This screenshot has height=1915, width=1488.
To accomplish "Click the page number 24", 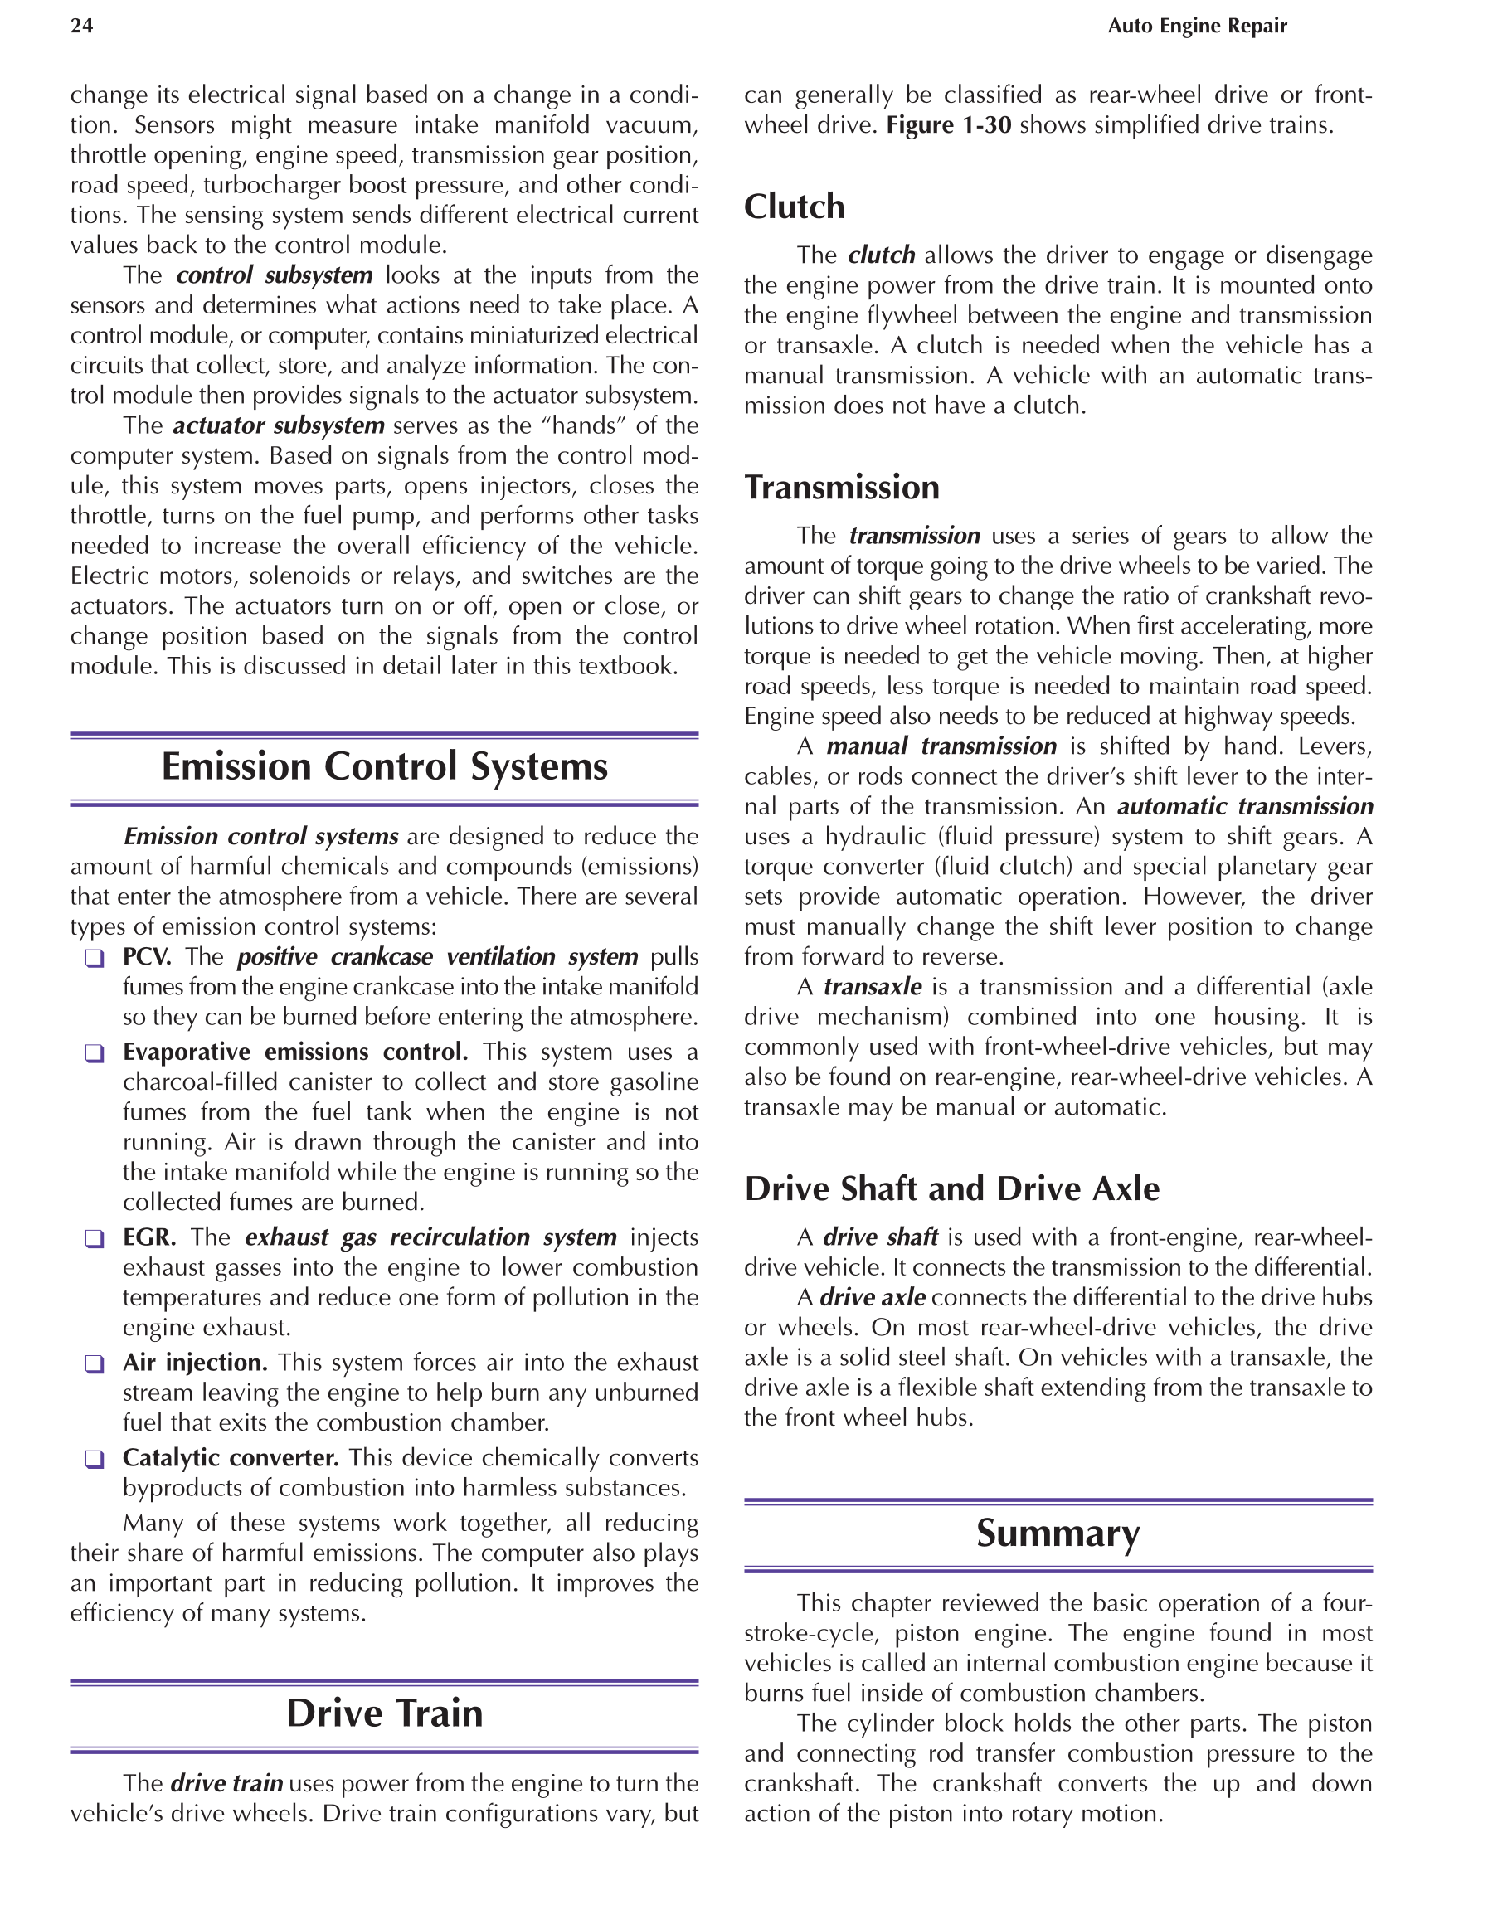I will (81, 27).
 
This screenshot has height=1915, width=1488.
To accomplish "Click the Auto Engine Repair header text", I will (1197, 27).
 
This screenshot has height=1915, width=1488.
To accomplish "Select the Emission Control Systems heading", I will (384, 766).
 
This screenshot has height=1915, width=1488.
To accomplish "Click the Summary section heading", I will (1058, 1533).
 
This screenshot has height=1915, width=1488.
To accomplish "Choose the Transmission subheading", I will (842, 488).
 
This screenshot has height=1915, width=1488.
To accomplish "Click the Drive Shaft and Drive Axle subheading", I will (951, 1189).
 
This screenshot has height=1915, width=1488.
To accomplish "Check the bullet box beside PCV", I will (95, 959).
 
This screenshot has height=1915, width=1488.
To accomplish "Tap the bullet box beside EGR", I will (95, 1239).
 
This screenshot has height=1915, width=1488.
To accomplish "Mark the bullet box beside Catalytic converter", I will (95, 1460).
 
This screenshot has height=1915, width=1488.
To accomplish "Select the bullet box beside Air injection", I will (95, 1364).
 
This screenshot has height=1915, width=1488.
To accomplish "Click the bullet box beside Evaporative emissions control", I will (95, 1054).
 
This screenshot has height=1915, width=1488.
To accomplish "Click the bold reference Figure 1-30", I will (949, 125).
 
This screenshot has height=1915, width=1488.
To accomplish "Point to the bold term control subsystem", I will (275, 275).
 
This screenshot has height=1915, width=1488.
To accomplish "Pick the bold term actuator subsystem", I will (279, 426).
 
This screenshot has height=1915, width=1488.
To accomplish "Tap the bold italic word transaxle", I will (873, 987).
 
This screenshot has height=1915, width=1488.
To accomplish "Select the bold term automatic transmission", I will (1245, 807).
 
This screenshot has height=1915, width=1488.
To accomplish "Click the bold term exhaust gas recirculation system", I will (430, 1237).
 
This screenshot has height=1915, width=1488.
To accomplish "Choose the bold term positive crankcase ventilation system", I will (438, 956).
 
